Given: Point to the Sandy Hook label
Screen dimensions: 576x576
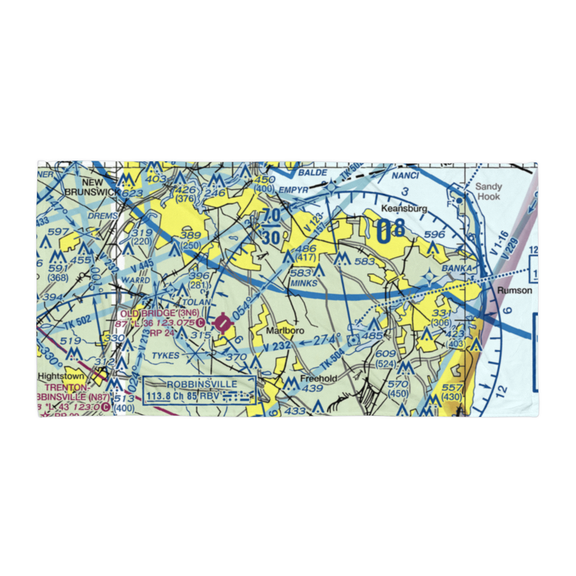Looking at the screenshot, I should tap(488, 191).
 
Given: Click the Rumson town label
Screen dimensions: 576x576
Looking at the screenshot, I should tap(515, 290).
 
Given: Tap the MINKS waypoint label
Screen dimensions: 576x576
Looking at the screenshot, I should tap(304, 283).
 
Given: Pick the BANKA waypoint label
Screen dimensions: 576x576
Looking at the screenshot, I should tap(457, 268).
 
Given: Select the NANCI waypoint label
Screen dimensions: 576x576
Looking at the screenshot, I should tap(404, 175).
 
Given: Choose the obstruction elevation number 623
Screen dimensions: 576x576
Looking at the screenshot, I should tap(131, 194).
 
